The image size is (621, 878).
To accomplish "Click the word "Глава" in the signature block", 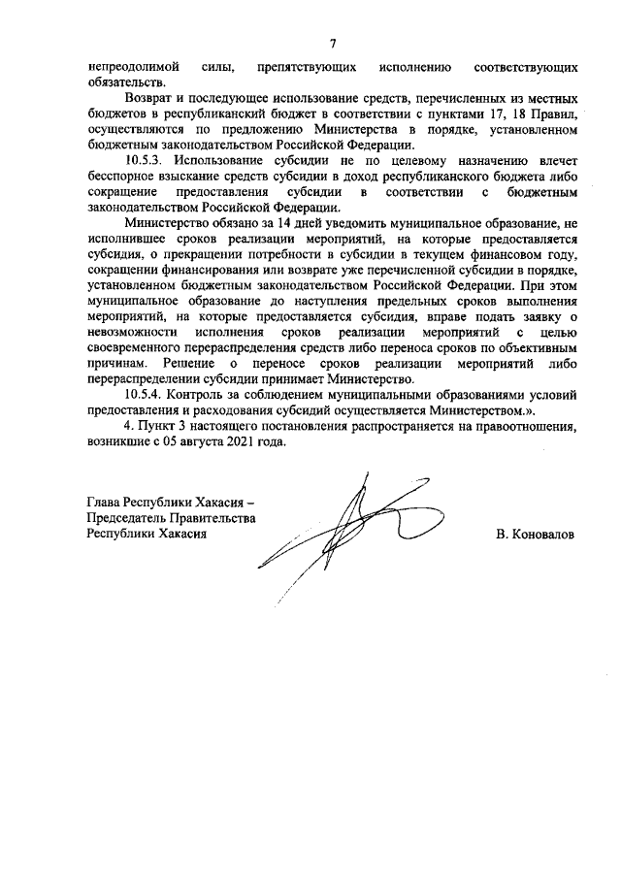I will [x=106, y=504].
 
